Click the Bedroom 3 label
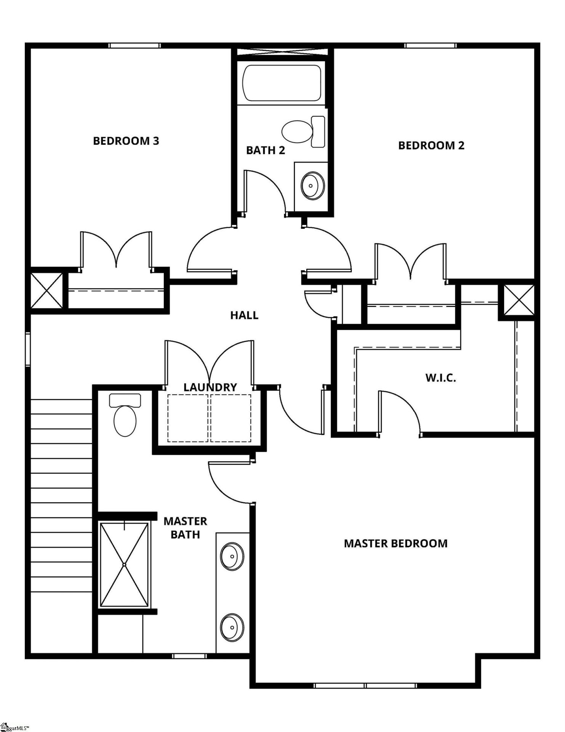click(126, 141)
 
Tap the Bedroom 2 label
click(431, 145)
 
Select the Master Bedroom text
click(395, 543)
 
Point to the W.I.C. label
click(440, 378)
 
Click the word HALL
click(244, 315)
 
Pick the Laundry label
click(210, 387)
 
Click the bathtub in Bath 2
click(282, 83)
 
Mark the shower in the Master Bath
click(124, 564)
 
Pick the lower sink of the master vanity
click(232, 627)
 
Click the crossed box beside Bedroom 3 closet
click(46, 291)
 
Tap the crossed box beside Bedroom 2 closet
click(519, 300)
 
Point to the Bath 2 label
click(265, 150)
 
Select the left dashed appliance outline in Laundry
click(188, 418)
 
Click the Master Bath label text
click(185, 528)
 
